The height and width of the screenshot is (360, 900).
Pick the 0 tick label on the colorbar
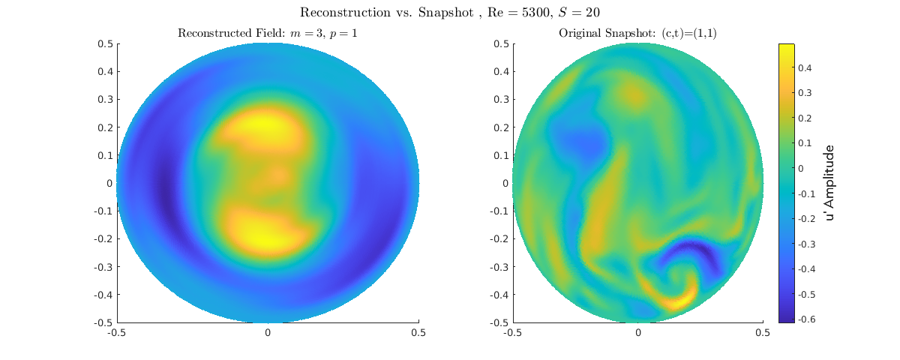point(804,168)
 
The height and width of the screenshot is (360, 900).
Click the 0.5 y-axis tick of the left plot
point(105,43)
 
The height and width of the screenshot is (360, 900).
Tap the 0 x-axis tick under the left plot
point(267,332)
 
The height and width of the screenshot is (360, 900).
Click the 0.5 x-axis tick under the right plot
point(763,332)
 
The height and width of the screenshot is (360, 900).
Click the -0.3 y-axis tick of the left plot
point(103,266)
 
